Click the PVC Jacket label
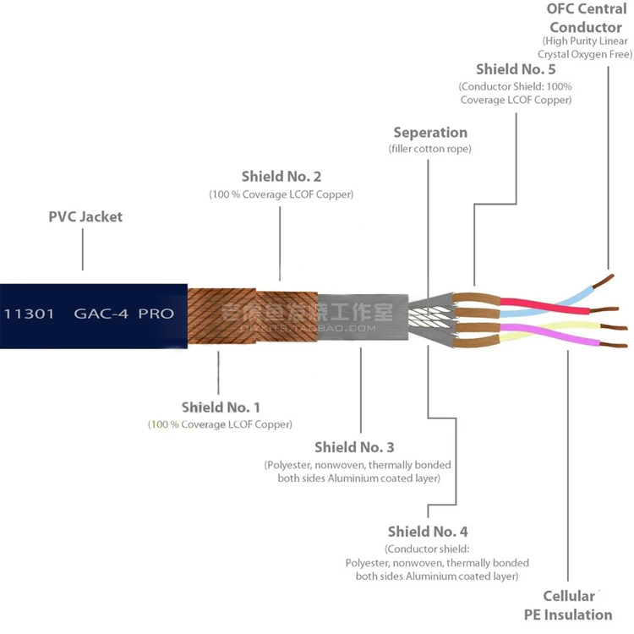pos(85,217)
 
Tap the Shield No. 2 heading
pos(281,177)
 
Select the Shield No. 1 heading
pos(220,407)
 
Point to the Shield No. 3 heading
pos(354,447)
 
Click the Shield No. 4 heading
pos(428,532)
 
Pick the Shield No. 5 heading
pos(516,69)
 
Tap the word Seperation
pos(430,133)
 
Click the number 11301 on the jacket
pos(30,314)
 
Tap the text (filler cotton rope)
pos(430,150)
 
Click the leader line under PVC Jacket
pos(83,249)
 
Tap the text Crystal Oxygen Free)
pos(585,54)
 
